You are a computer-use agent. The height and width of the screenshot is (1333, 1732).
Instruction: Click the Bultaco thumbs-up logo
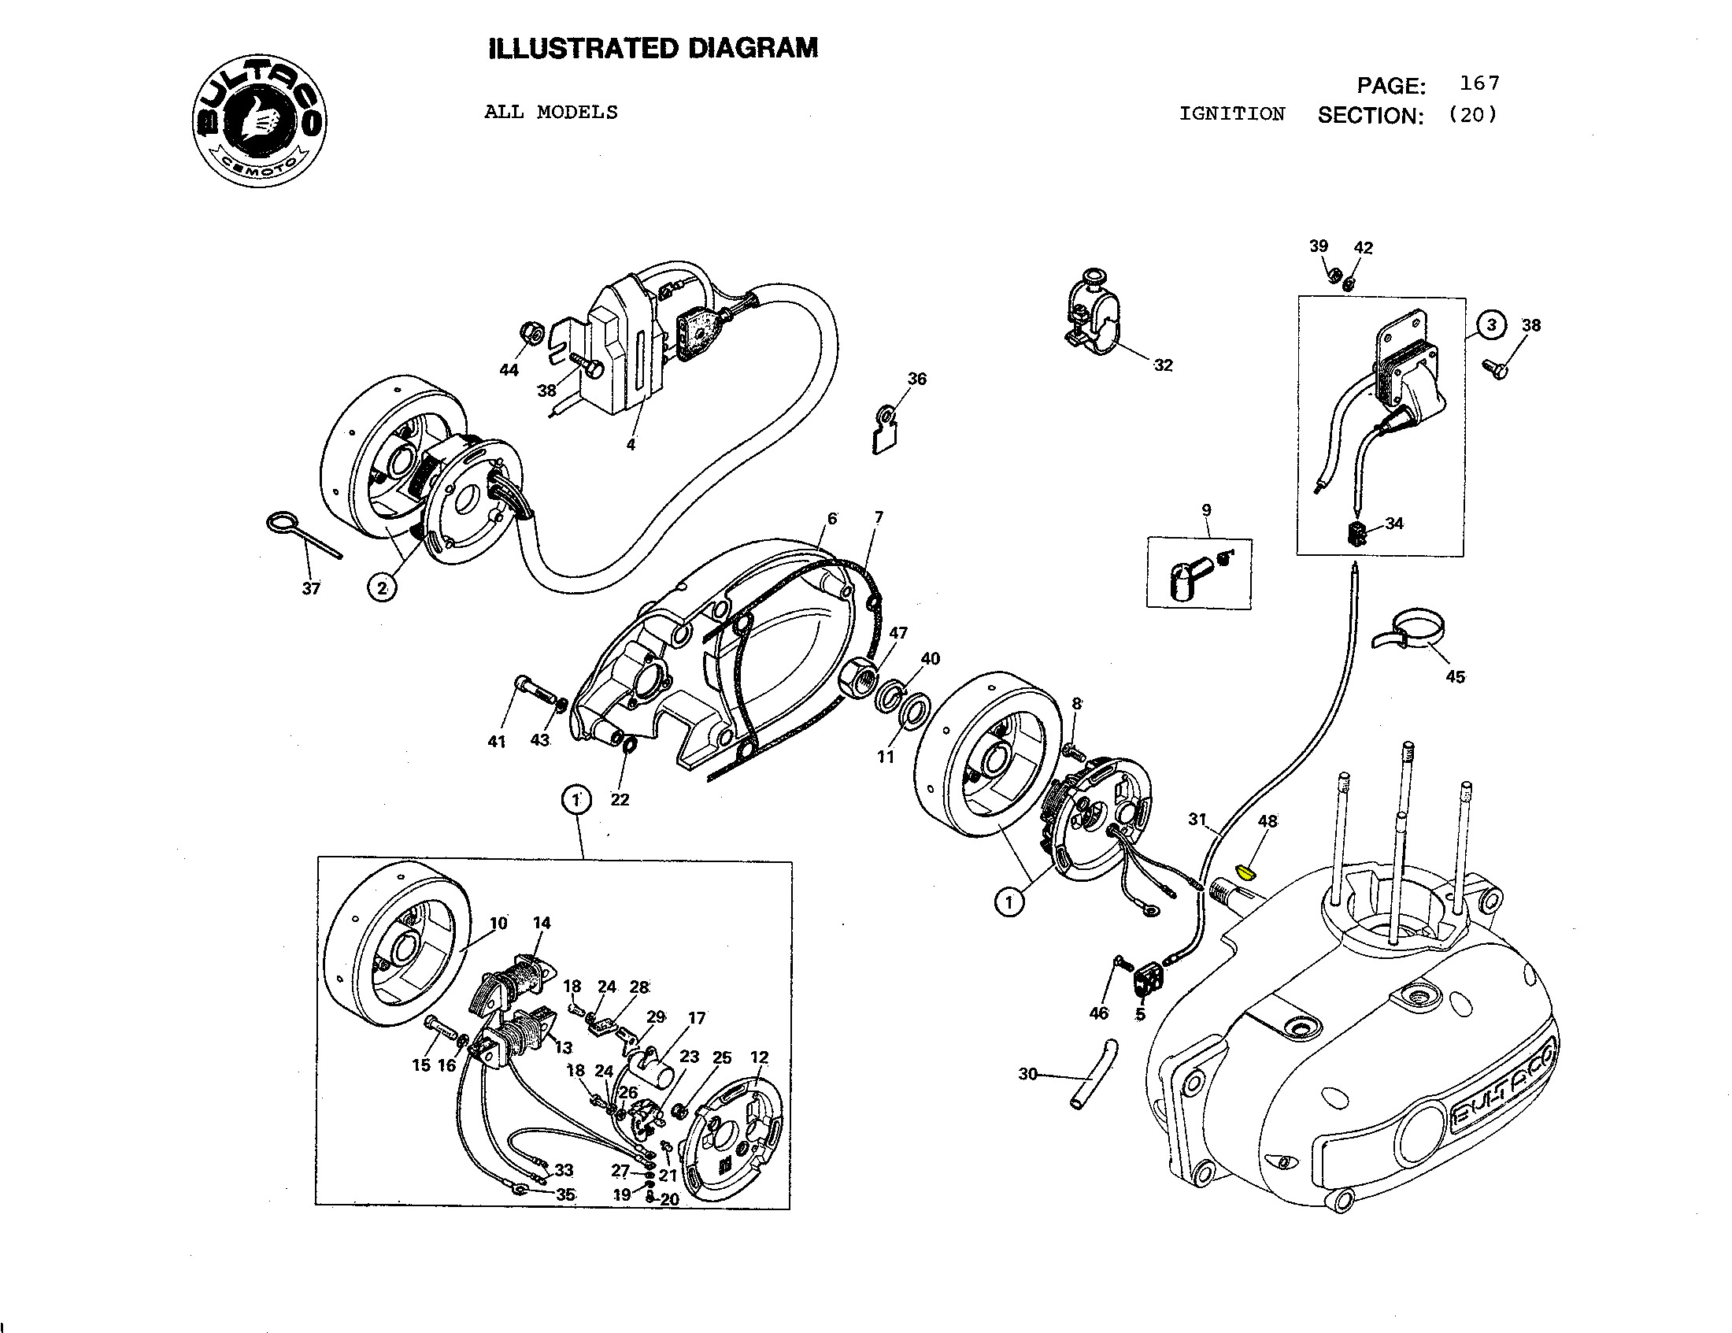point(258,123)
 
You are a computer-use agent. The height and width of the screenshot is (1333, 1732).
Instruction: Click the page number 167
point(1479,83)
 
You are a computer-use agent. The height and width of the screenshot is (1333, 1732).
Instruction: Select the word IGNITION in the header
point(1231,114)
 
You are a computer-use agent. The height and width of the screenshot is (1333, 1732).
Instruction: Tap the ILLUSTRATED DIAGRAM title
point(653,48)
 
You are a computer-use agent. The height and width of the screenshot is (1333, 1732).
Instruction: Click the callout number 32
point(1163,365)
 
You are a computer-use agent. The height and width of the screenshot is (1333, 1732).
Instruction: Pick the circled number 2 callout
point(383,588)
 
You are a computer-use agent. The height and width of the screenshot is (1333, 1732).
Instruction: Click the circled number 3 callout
point(1492,325)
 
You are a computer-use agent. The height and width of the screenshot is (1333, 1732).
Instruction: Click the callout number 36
point(916,379)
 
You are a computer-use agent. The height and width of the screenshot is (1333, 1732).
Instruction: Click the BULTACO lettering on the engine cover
point(1503,1088)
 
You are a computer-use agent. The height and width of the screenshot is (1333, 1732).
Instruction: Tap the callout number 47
point(897,633)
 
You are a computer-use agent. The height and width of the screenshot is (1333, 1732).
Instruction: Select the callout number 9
point(1206,510)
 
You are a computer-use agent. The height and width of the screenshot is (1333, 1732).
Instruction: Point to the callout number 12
point(759,1057)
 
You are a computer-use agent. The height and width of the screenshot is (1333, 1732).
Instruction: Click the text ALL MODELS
point(550,113)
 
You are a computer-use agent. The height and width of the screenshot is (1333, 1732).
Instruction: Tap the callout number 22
point(620,799)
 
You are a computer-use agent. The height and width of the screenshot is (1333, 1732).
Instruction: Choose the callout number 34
point(1394,524)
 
